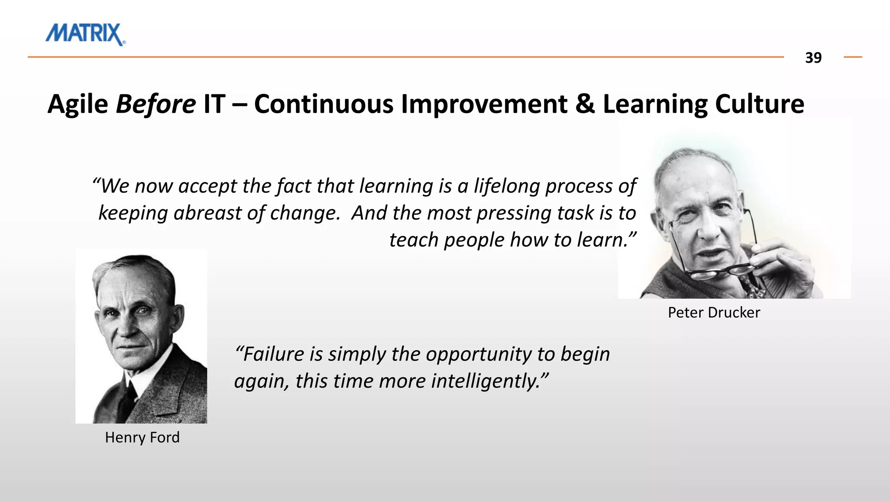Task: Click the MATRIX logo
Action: coord(85,34)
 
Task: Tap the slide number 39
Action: coord(813,58)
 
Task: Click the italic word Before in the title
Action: coord(156,104)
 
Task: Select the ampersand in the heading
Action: coord(585,104)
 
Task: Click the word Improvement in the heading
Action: coord(484,104)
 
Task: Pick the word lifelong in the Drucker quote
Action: coord(506,186)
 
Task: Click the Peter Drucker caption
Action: coord(714,313)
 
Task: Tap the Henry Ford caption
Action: coord(142,438)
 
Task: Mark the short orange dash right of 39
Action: coord(852,57)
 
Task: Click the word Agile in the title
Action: coord(78,104)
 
